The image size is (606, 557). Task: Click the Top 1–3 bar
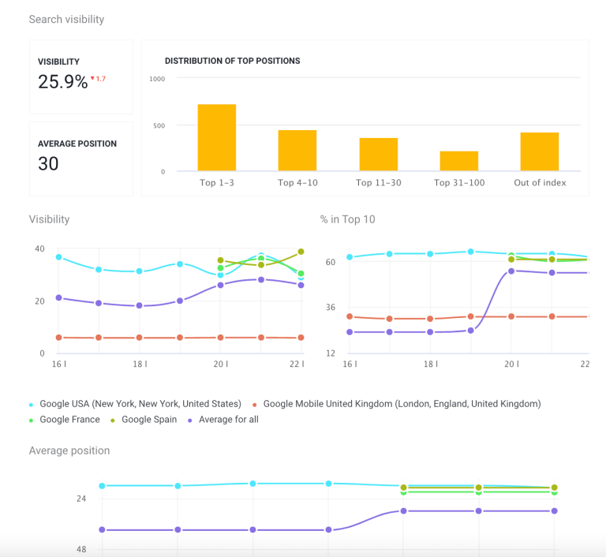point(216,137)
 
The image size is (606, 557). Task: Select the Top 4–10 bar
point(297,150)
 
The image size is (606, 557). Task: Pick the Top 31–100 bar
point(458,161)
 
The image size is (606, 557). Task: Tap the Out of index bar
point(539,151)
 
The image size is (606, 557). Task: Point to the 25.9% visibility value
point(63,81)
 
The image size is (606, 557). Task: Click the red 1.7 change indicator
point(99,79)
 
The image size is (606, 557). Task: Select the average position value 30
point(48,163)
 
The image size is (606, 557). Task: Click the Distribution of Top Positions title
point(232,61)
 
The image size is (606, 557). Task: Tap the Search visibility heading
point(66,19)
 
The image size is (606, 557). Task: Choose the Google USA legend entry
point(137,404)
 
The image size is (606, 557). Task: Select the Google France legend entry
point(69,420)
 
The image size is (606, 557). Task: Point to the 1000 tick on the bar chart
point(156,79)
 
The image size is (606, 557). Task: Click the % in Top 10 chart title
point(347,219)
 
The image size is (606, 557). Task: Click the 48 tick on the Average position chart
point(81,549)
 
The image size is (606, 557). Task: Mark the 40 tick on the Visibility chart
point(39,249)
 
